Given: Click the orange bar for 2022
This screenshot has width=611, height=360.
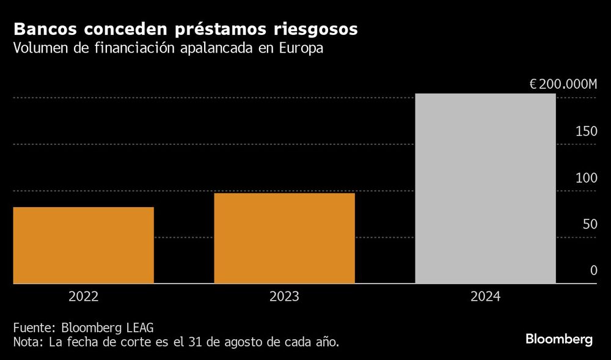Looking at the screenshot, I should pyautogui.click(x=83, y=245).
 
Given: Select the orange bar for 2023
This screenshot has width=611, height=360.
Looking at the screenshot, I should pyautogui.click(x=284, y=238).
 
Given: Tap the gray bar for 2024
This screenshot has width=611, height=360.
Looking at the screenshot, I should pyautogui.click(x=485, y=188).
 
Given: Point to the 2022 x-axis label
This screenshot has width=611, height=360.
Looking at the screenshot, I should pyautogui.click(x=83, y=297).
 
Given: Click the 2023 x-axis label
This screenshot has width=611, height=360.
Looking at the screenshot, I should pyautogui.click(x=284, y=297).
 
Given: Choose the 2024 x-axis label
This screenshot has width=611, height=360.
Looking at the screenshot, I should pyautogui.click(x=485, y=297).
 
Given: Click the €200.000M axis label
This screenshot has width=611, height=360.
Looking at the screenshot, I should pyautogui.click(x=563, y=84).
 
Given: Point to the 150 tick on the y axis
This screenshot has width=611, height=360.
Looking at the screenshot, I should pyautogui.click(x=585, y=131).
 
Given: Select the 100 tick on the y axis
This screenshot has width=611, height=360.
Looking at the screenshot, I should pyautogui.click(x=585, y=178).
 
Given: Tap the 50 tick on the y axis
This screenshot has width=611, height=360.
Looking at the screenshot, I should pyautogui.click(x=589, y=224).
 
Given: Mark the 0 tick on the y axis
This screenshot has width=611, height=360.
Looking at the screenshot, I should pyautogui.click(x=593, y=271).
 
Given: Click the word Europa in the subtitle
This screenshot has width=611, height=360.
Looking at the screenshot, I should pyautogui.click(x=301, y=49).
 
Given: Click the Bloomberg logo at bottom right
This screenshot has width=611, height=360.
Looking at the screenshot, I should pyautogui.click(x=559, y=340).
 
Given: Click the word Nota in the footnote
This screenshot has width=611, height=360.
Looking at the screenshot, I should pyautogui.click(x=27, y=341).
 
